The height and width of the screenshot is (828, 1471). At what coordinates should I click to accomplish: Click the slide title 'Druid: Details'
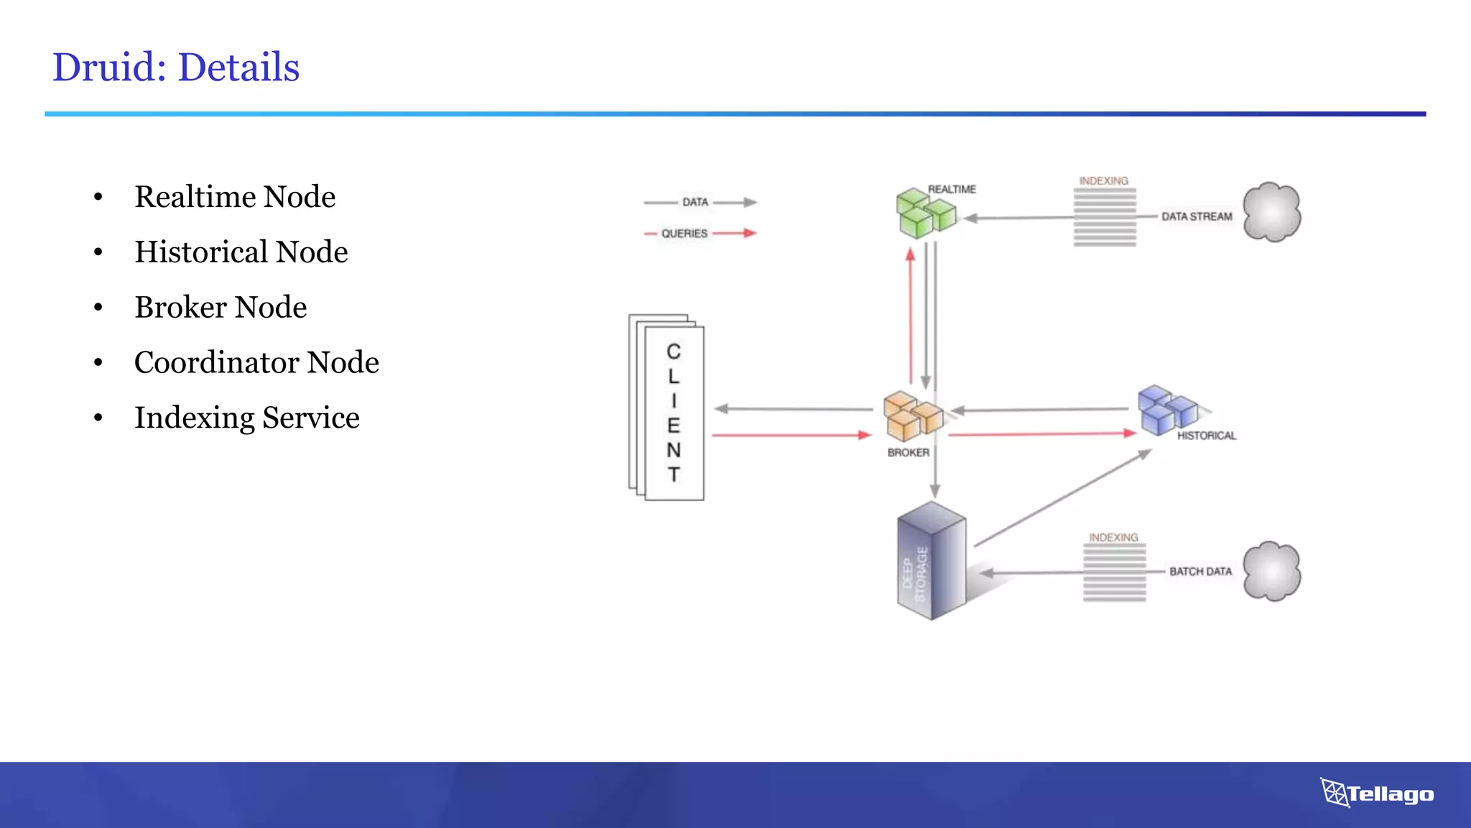176,68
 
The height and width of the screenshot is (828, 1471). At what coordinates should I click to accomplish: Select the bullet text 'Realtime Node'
235,197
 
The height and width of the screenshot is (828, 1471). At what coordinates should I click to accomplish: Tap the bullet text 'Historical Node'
241,252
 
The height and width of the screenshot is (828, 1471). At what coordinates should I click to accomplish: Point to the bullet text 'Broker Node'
221,308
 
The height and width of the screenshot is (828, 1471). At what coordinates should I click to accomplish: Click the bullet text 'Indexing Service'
246,418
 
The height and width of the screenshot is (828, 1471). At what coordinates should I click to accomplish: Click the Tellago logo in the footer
1376,793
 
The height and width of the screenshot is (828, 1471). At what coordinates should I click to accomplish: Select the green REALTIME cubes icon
924,213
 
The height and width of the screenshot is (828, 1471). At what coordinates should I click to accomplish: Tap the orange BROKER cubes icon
911,416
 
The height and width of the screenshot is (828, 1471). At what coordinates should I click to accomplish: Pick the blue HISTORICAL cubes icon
1165,410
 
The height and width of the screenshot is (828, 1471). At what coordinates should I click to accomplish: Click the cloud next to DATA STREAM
1271,212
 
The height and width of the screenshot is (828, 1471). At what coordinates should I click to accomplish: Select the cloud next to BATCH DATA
1271,571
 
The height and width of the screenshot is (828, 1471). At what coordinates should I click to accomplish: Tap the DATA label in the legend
695,203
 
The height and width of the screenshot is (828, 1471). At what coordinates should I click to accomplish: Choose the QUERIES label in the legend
684,234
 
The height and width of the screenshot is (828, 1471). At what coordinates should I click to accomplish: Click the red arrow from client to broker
790,435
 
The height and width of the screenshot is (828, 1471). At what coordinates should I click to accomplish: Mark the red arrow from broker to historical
1041,434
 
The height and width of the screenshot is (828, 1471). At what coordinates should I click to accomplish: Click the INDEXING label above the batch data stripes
1113,538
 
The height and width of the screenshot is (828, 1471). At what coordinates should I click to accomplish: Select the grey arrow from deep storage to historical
1063,498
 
